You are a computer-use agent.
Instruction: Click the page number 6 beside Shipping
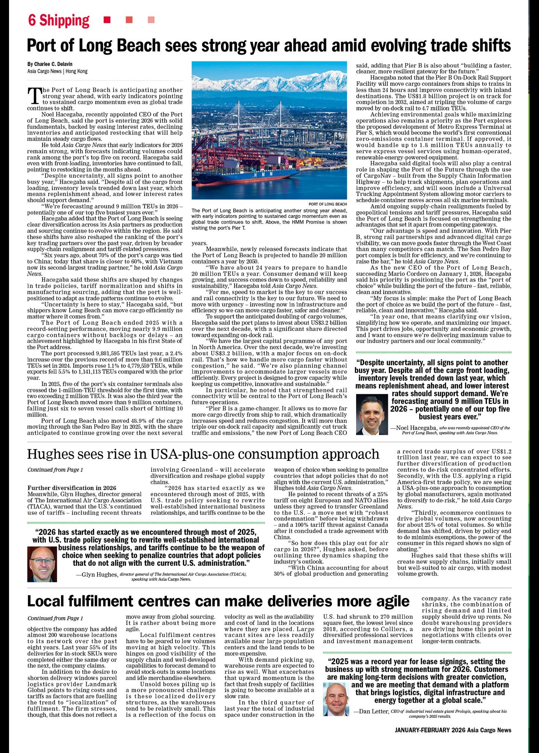(x=32, y=20)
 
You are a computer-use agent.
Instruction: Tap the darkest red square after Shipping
(x=107, y=20)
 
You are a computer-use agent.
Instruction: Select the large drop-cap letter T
(x=34, y=96)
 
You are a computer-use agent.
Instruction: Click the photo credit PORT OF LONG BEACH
(x=327, y=204)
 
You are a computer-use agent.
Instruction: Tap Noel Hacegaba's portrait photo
(x=371, y=414)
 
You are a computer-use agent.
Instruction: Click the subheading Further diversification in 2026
(x=72, y=488)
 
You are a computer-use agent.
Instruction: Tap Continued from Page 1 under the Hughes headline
(x=55, y=470)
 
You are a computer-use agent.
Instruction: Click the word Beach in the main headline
(x=140, y=46)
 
